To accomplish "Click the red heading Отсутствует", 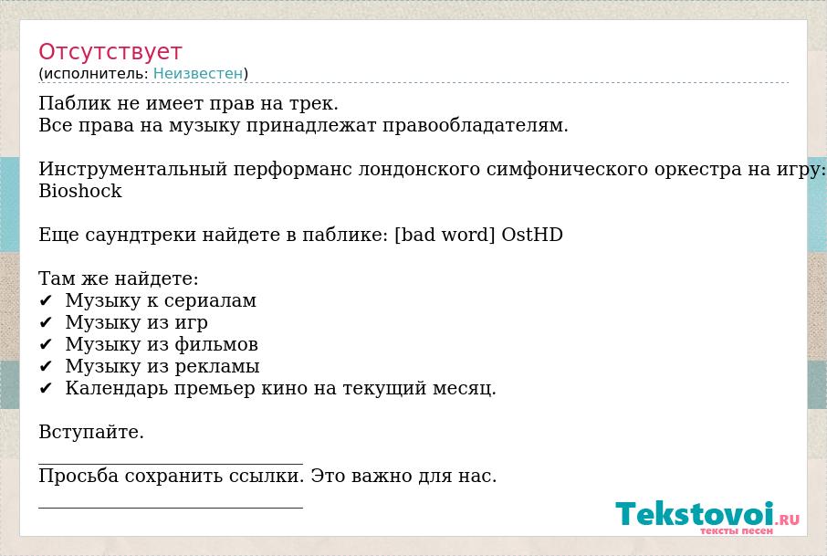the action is click(110, 52).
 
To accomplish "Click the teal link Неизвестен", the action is click(198, 73).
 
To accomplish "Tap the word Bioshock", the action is click(80, 191).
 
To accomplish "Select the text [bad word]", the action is click(445, 235).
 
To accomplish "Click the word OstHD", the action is click(532, 235).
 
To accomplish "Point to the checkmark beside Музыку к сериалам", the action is click(46, 300).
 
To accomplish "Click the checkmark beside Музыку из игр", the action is click(46, 322).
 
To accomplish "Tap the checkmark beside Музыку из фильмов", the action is click(46, 344).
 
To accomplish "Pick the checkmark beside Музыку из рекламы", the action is click(46, 366).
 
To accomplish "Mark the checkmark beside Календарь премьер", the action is click(46, 388).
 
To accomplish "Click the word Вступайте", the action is click(91, 432).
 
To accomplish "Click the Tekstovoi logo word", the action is click(695, 513).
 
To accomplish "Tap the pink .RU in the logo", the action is click(788, 519).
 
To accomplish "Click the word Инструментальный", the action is click(133, 169).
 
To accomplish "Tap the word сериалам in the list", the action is click(210, 300).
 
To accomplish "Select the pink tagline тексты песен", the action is click(737, 530).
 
